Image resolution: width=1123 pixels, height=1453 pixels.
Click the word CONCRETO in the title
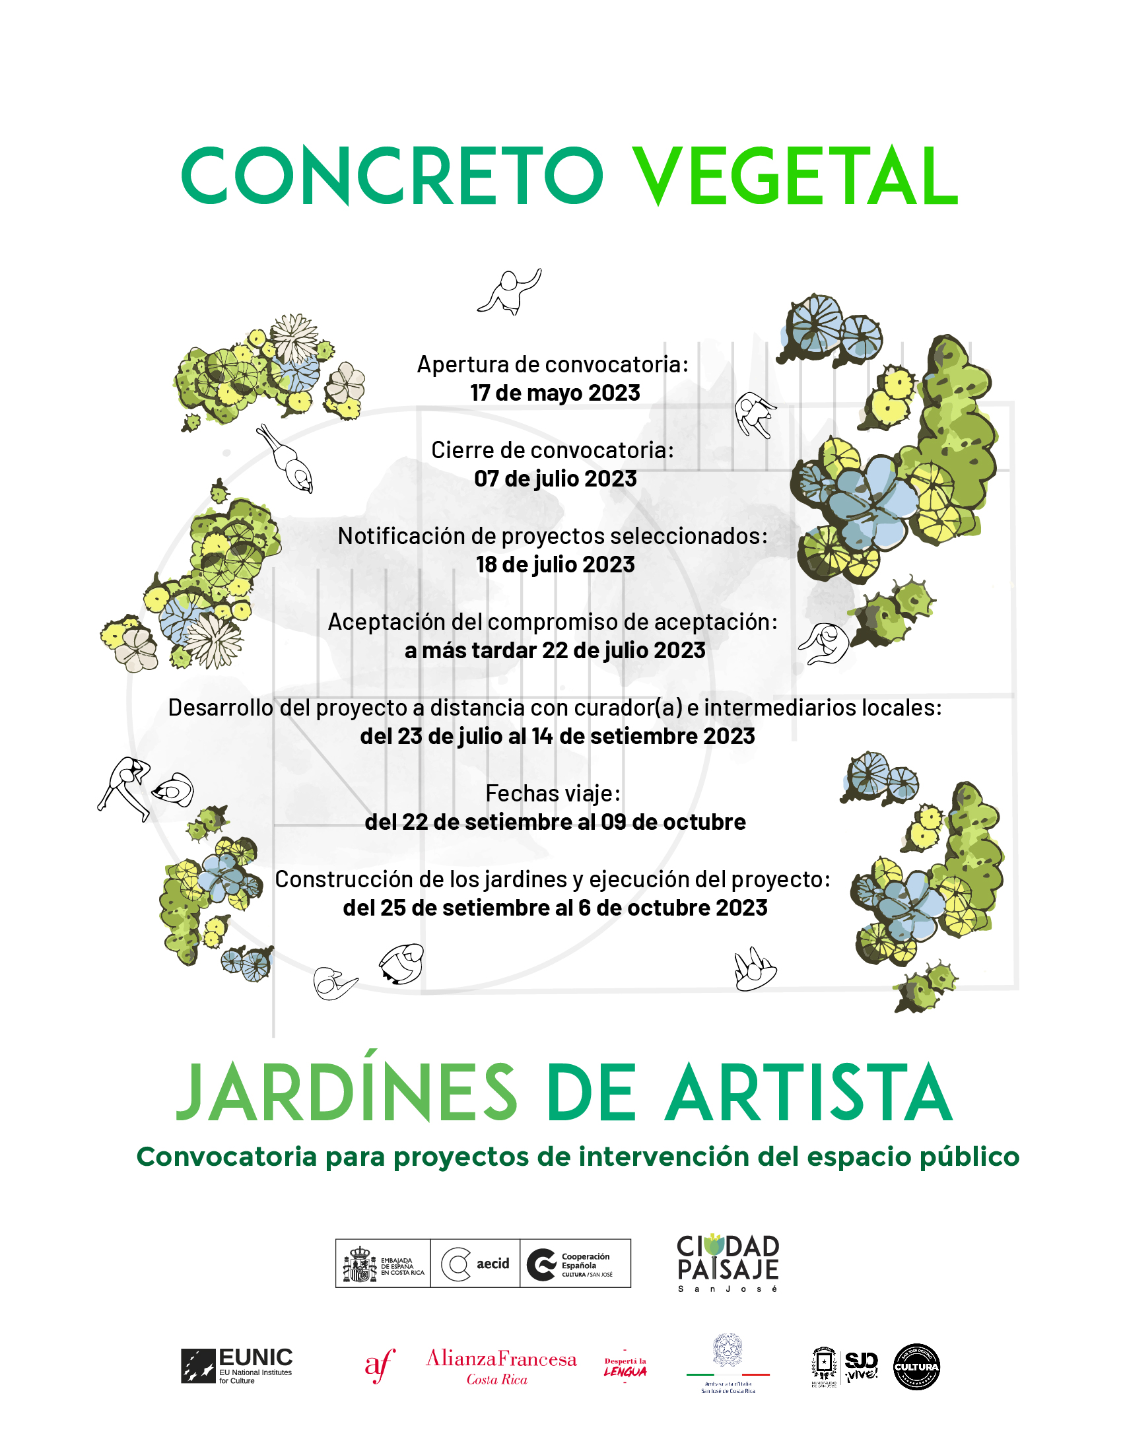coord(392,176)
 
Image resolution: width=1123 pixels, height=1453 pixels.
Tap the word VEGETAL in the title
coord(794,176)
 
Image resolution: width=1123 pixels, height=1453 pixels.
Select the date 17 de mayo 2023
coord(555,393)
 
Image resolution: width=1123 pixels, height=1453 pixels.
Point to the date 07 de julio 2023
coord(555,479)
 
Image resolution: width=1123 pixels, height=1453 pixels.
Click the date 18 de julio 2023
coord(555,564)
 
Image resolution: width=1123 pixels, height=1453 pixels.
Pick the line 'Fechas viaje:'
coord(553,793)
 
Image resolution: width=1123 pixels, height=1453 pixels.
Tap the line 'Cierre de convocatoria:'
coord(552,450)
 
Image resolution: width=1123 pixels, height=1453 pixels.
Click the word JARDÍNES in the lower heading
coord(347,1094)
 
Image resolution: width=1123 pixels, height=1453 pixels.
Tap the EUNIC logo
coord(237,1366)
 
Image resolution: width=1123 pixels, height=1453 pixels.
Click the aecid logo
coord(475,1264)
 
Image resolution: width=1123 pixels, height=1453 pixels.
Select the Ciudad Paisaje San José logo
coord(727,1263)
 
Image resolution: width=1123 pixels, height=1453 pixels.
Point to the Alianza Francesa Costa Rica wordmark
coord(501,1367)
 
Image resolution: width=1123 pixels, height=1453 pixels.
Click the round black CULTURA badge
coord(916,1367)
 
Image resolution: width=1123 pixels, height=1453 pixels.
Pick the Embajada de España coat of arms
coord(360,1264)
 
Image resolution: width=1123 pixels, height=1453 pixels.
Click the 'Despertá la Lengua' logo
coord(625,1367)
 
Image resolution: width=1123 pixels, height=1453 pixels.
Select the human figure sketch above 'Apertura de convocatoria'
coord(510,290)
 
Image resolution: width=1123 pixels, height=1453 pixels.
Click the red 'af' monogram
coord(380,1366)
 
